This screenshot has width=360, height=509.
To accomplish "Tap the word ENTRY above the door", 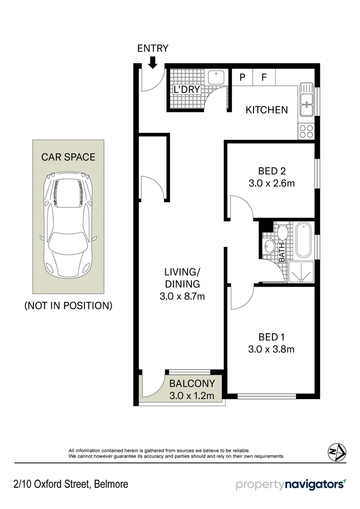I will [x=153, y=48].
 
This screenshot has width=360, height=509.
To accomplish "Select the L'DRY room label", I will [x=187, y=90].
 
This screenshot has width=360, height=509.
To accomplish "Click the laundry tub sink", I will [x=217, y=76].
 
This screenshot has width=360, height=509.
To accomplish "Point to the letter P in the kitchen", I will [x=243, y=77].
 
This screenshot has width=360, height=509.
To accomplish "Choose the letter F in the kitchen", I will [x=264, y=77].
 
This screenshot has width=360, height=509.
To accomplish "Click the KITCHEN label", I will [x=267, y=110].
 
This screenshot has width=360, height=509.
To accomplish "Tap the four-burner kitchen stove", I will [x=306, y=131].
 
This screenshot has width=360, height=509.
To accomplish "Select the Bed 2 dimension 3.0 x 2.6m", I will [x=272, y=183].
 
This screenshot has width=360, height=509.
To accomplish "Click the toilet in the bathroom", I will [x=283, y=232].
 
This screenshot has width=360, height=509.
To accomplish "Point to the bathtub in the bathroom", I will [x=303, y=240].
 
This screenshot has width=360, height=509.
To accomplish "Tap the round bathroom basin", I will [x=269, y=246].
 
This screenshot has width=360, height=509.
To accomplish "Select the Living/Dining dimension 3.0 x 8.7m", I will [x=182, y=296].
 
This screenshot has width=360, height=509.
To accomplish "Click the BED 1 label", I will [x=271, y=337].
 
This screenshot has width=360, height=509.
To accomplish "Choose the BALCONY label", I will [x=192, y=384].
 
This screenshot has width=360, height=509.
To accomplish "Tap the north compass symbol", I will [x=336, y=452].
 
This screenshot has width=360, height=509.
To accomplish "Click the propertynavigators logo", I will [x=291, y=484].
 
